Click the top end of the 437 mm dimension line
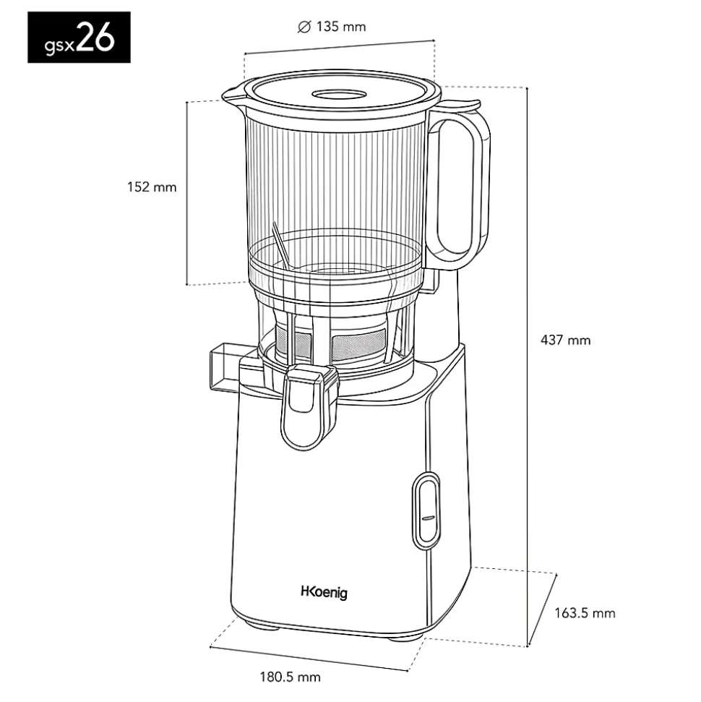[x=528, y=87]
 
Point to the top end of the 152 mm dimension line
[x=186, y=103]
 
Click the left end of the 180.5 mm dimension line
[x=210, y=646]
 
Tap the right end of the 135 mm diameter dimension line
[x=434, y=40]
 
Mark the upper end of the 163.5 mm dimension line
[x=556, y=574]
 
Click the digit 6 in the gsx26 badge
[x=105, y=37]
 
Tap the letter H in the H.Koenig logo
[x=305, y=591]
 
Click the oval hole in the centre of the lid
[x=339, y=95]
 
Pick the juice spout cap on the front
[x=309, y=406]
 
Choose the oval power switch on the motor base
[x=426, y=510]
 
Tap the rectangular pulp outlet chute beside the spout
[x=226, y=367]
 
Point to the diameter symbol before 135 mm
[x=304, y=27]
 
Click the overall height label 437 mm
[x=565, y=341]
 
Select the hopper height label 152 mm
[x=152, y=187]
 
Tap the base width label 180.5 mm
[x=290, y=677]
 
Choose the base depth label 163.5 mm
[x=585, y=613]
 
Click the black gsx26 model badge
[x=79, y=37]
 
